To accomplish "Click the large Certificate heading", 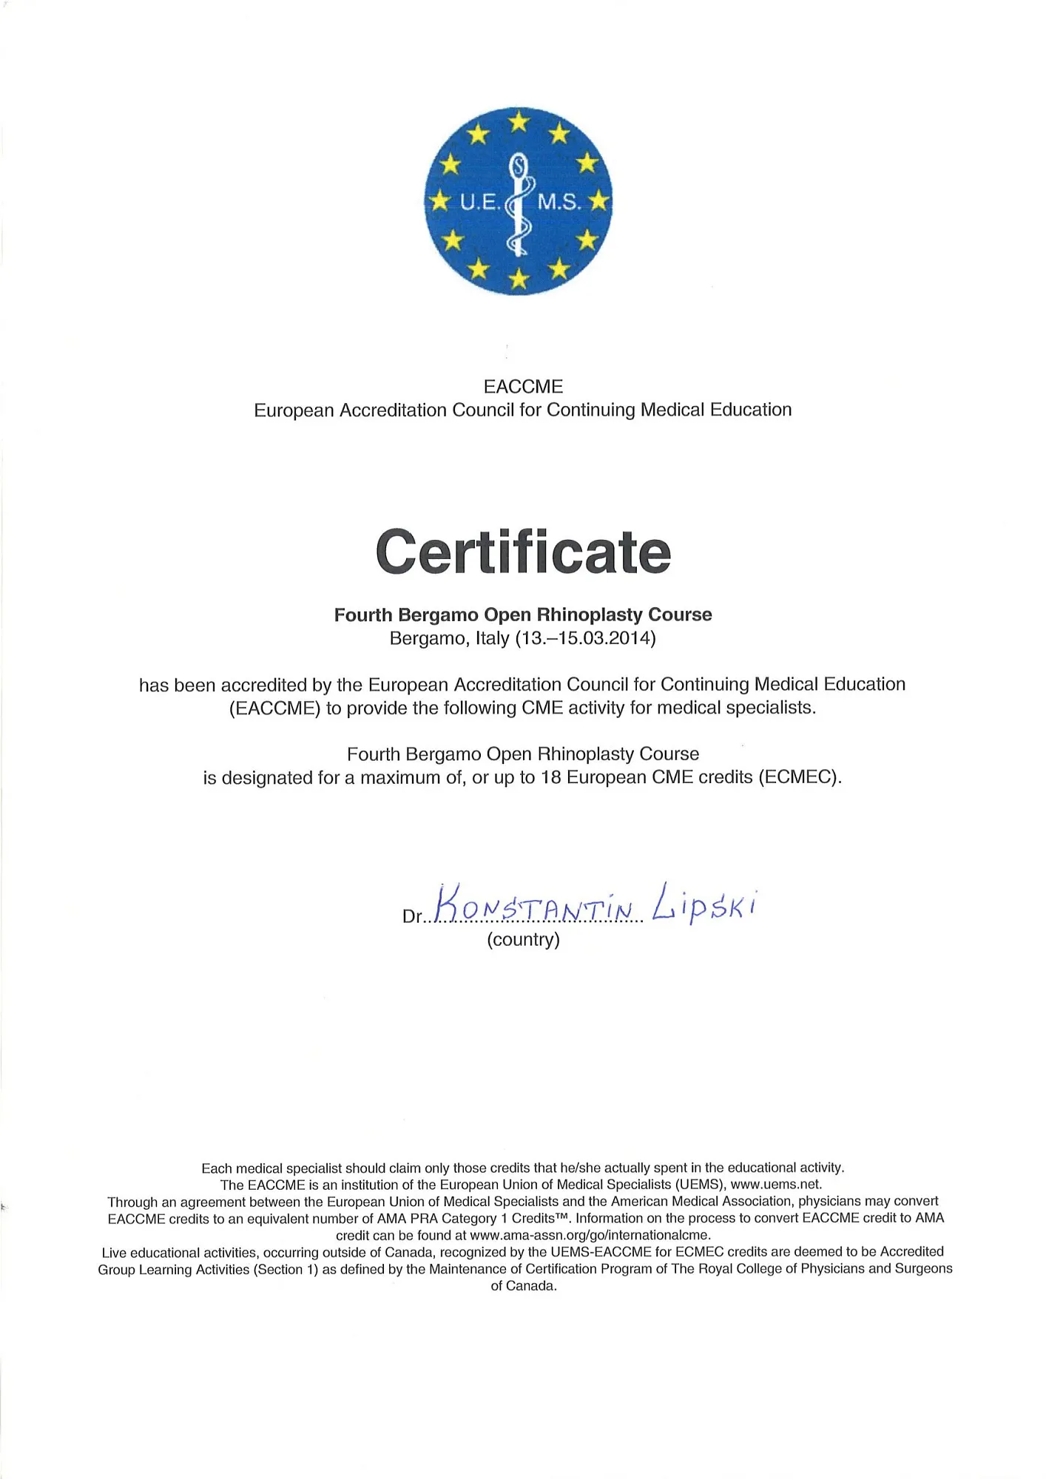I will click(x=523, y=552).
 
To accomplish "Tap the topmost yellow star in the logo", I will click(x=519, y=121).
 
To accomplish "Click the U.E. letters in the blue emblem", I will click(x=479, y=201).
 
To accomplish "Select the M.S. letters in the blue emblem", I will click(x=559, y=201).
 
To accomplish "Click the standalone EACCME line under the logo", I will click(x=523, y=387).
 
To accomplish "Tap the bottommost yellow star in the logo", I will click(x=519, y=279).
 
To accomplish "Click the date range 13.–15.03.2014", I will click(x=584, y=638).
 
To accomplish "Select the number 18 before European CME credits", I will click(x=551, y=778).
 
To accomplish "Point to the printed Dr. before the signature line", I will click(x=412, y=917).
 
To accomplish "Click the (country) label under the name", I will click(x=523, y=940).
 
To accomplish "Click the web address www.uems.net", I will click(x=775, y=1184).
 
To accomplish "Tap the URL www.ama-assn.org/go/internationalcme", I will click(x=590, y=1235).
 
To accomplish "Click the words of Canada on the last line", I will click(x=523, y=1286).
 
